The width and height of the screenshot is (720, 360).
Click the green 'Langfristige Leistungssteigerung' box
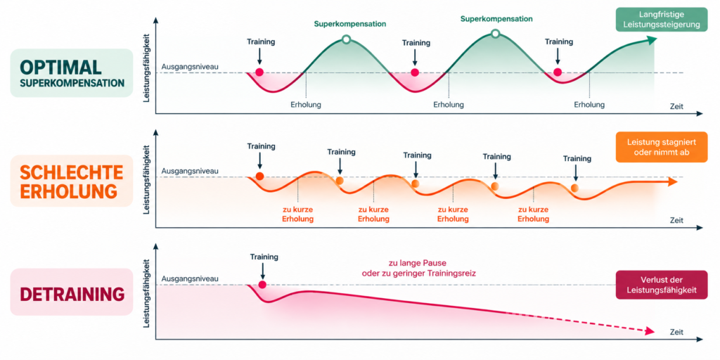(661, 19)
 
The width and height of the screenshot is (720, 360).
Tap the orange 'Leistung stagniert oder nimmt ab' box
(661, 147)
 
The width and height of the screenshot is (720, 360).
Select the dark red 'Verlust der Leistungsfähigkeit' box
(661, 285)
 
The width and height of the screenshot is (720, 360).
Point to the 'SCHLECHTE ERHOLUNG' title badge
(72, 181)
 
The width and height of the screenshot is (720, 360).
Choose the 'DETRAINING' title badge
(72, 292)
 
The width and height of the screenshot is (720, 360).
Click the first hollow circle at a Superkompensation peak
(346, 40)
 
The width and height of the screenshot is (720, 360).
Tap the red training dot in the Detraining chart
(262, 285)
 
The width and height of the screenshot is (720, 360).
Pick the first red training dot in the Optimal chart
(259, 72)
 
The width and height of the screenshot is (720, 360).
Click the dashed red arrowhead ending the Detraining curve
(650, 331)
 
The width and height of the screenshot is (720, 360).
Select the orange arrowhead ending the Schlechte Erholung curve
(673, 182)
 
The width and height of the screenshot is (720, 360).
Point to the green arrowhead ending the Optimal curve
(652, 40)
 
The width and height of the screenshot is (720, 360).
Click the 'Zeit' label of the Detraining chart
(676, 332)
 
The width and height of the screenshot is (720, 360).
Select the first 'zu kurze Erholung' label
(298, 214)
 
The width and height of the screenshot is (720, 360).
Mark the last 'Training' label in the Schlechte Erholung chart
(577, 158)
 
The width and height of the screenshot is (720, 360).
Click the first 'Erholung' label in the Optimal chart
(306, 105)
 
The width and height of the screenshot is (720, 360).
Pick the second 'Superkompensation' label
(497, 19)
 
